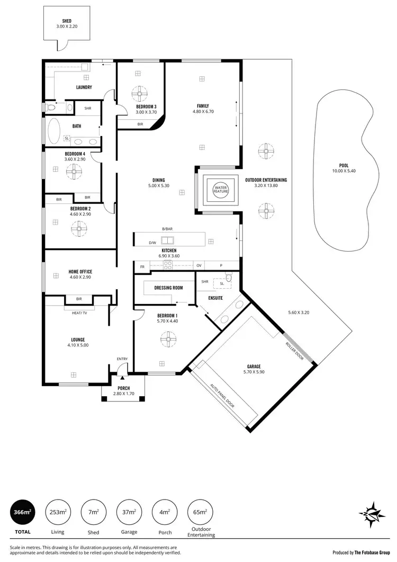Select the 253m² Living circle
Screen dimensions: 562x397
(x=58, y=512)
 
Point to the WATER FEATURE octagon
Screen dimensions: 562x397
(x=220, y=189)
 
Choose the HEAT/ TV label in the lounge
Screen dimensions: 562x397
(x=79, y=313)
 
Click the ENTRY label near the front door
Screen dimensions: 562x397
(x=122, y=359)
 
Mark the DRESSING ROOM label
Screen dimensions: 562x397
(x=168, y=288)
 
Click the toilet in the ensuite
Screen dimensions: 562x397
(x=228, y=276)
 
